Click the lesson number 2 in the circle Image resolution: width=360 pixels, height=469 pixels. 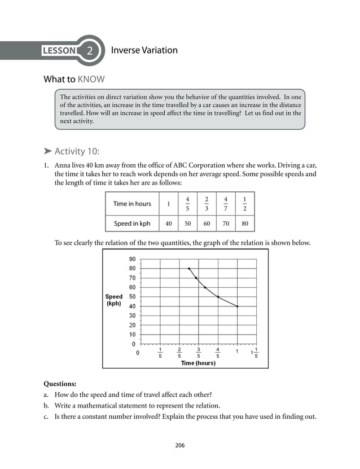pos(89,51)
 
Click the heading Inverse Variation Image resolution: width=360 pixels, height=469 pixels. pos(144,50)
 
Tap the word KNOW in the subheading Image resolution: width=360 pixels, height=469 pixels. pos(91,79)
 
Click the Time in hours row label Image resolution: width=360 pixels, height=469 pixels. pos(132,204)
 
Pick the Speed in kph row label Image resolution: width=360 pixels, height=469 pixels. pos(132,223)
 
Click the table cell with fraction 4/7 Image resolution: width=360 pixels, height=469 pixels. pos(225,204)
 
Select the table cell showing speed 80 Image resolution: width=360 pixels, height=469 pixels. pos(244,223)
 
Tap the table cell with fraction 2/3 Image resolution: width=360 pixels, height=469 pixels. pos(207,204)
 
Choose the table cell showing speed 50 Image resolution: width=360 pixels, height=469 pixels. pos(187,223)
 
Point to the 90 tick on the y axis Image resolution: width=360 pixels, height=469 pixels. pos(131,259)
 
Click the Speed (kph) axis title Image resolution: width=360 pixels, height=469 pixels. pos(113,300)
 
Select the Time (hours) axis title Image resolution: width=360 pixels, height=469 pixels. pos(198,363)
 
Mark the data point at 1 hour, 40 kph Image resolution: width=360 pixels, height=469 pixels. pos(237,306)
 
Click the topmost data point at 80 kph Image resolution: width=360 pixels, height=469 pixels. pos(189,269)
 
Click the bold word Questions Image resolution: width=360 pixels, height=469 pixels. pos(60,384)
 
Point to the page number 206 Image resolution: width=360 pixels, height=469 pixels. pos(180,445)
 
